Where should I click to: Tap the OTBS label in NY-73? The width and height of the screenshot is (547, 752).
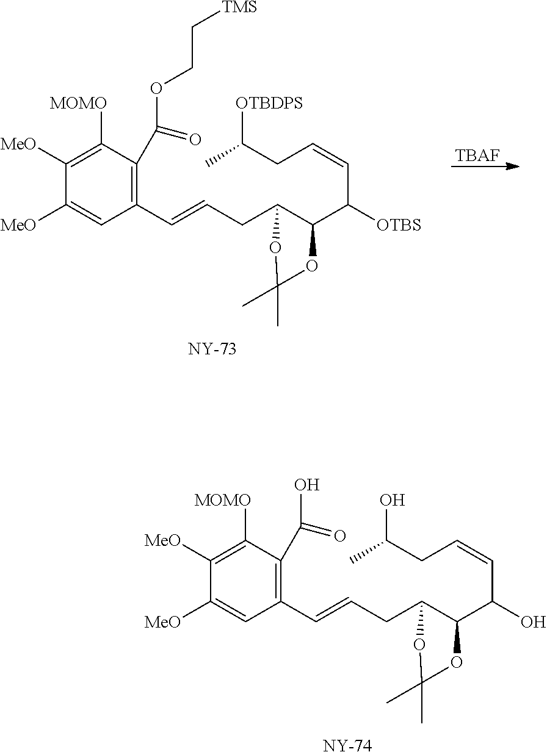399,226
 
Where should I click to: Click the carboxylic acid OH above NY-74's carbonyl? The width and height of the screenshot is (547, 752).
306,486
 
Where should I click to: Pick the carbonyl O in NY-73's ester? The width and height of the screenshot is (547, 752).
195,140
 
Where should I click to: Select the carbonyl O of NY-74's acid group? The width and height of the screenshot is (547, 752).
339,536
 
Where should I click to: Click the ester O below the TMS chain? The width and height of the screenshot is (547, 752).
157,89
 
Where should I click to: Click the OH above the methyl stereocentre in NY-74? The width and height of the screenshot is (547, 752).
392,501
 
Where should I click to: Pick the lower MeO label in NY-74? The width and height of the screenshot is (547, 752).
162,622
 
